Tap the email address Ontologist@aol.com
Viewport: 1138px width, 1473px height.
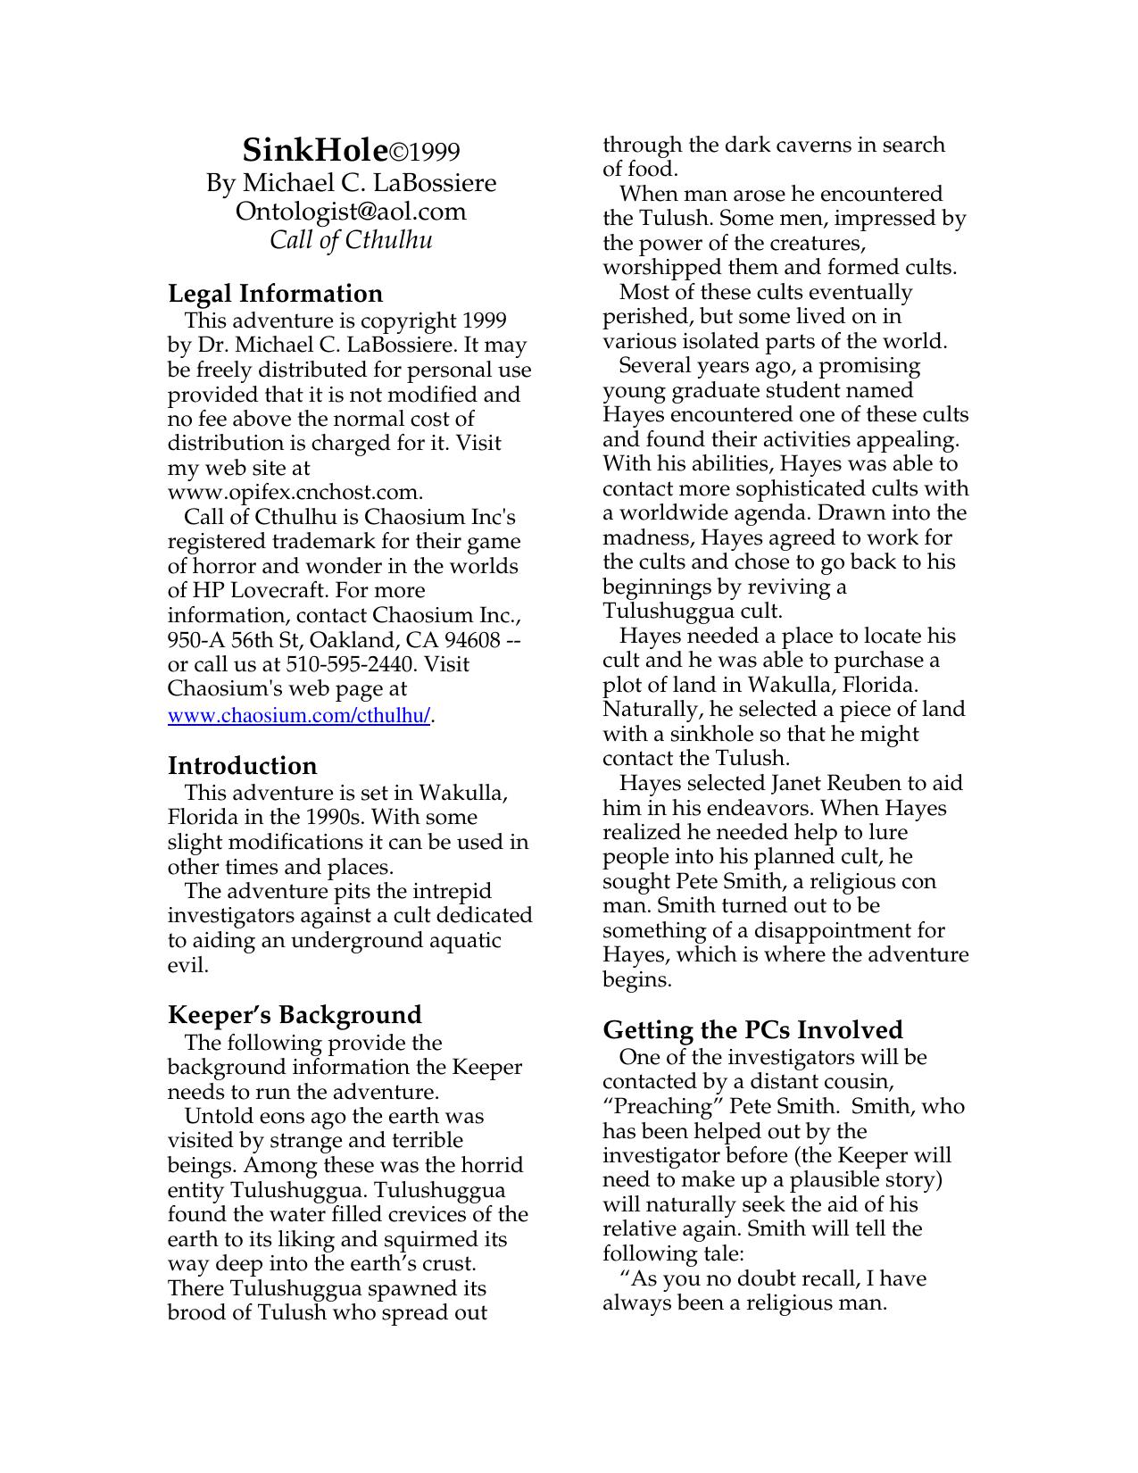(351, 212)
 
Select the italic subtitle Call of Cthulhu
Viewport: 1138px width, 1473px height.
(351, 240)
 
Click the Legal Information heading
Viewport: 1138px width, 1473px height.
(275, 294)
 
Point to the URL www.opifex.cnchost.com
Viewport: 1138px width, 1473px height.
(294, 492)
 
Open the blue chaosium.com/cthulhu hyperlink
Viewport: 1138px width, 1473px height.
(299, 716)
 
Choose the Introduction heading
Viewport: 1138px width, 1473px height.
(242, 766)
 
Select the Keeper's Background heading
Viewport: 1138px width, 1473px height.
(295, 1015)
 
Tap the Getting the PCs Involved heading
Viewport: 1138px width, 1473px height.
(752, 1029)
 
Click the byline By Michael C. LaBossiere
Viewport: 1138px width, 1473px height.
(351, 183)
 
